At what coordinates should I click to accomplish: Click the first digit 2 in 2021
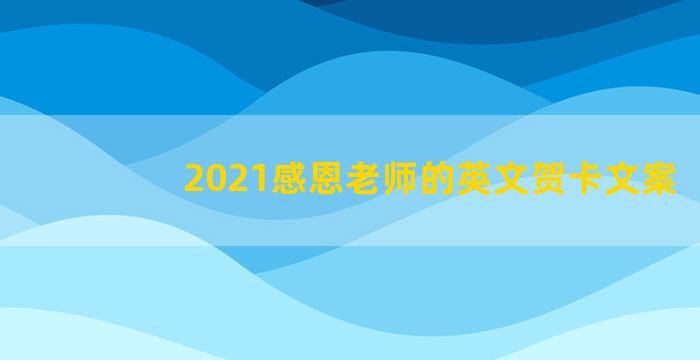[x=193, y=180]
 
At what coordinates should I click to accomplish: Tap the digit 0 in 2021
[x=211, y=180]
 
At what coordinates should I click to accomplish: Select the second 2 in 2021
[x=229, y=180]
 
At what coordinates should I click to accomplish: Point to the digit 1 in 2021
[x=246, y=180]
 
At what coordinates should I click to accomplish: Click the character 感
[x=273, y=180]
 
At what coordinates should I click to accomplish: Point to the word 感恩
[x=291, y=180]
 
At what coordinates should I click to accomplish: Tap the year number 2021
[x=219, y=180]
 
